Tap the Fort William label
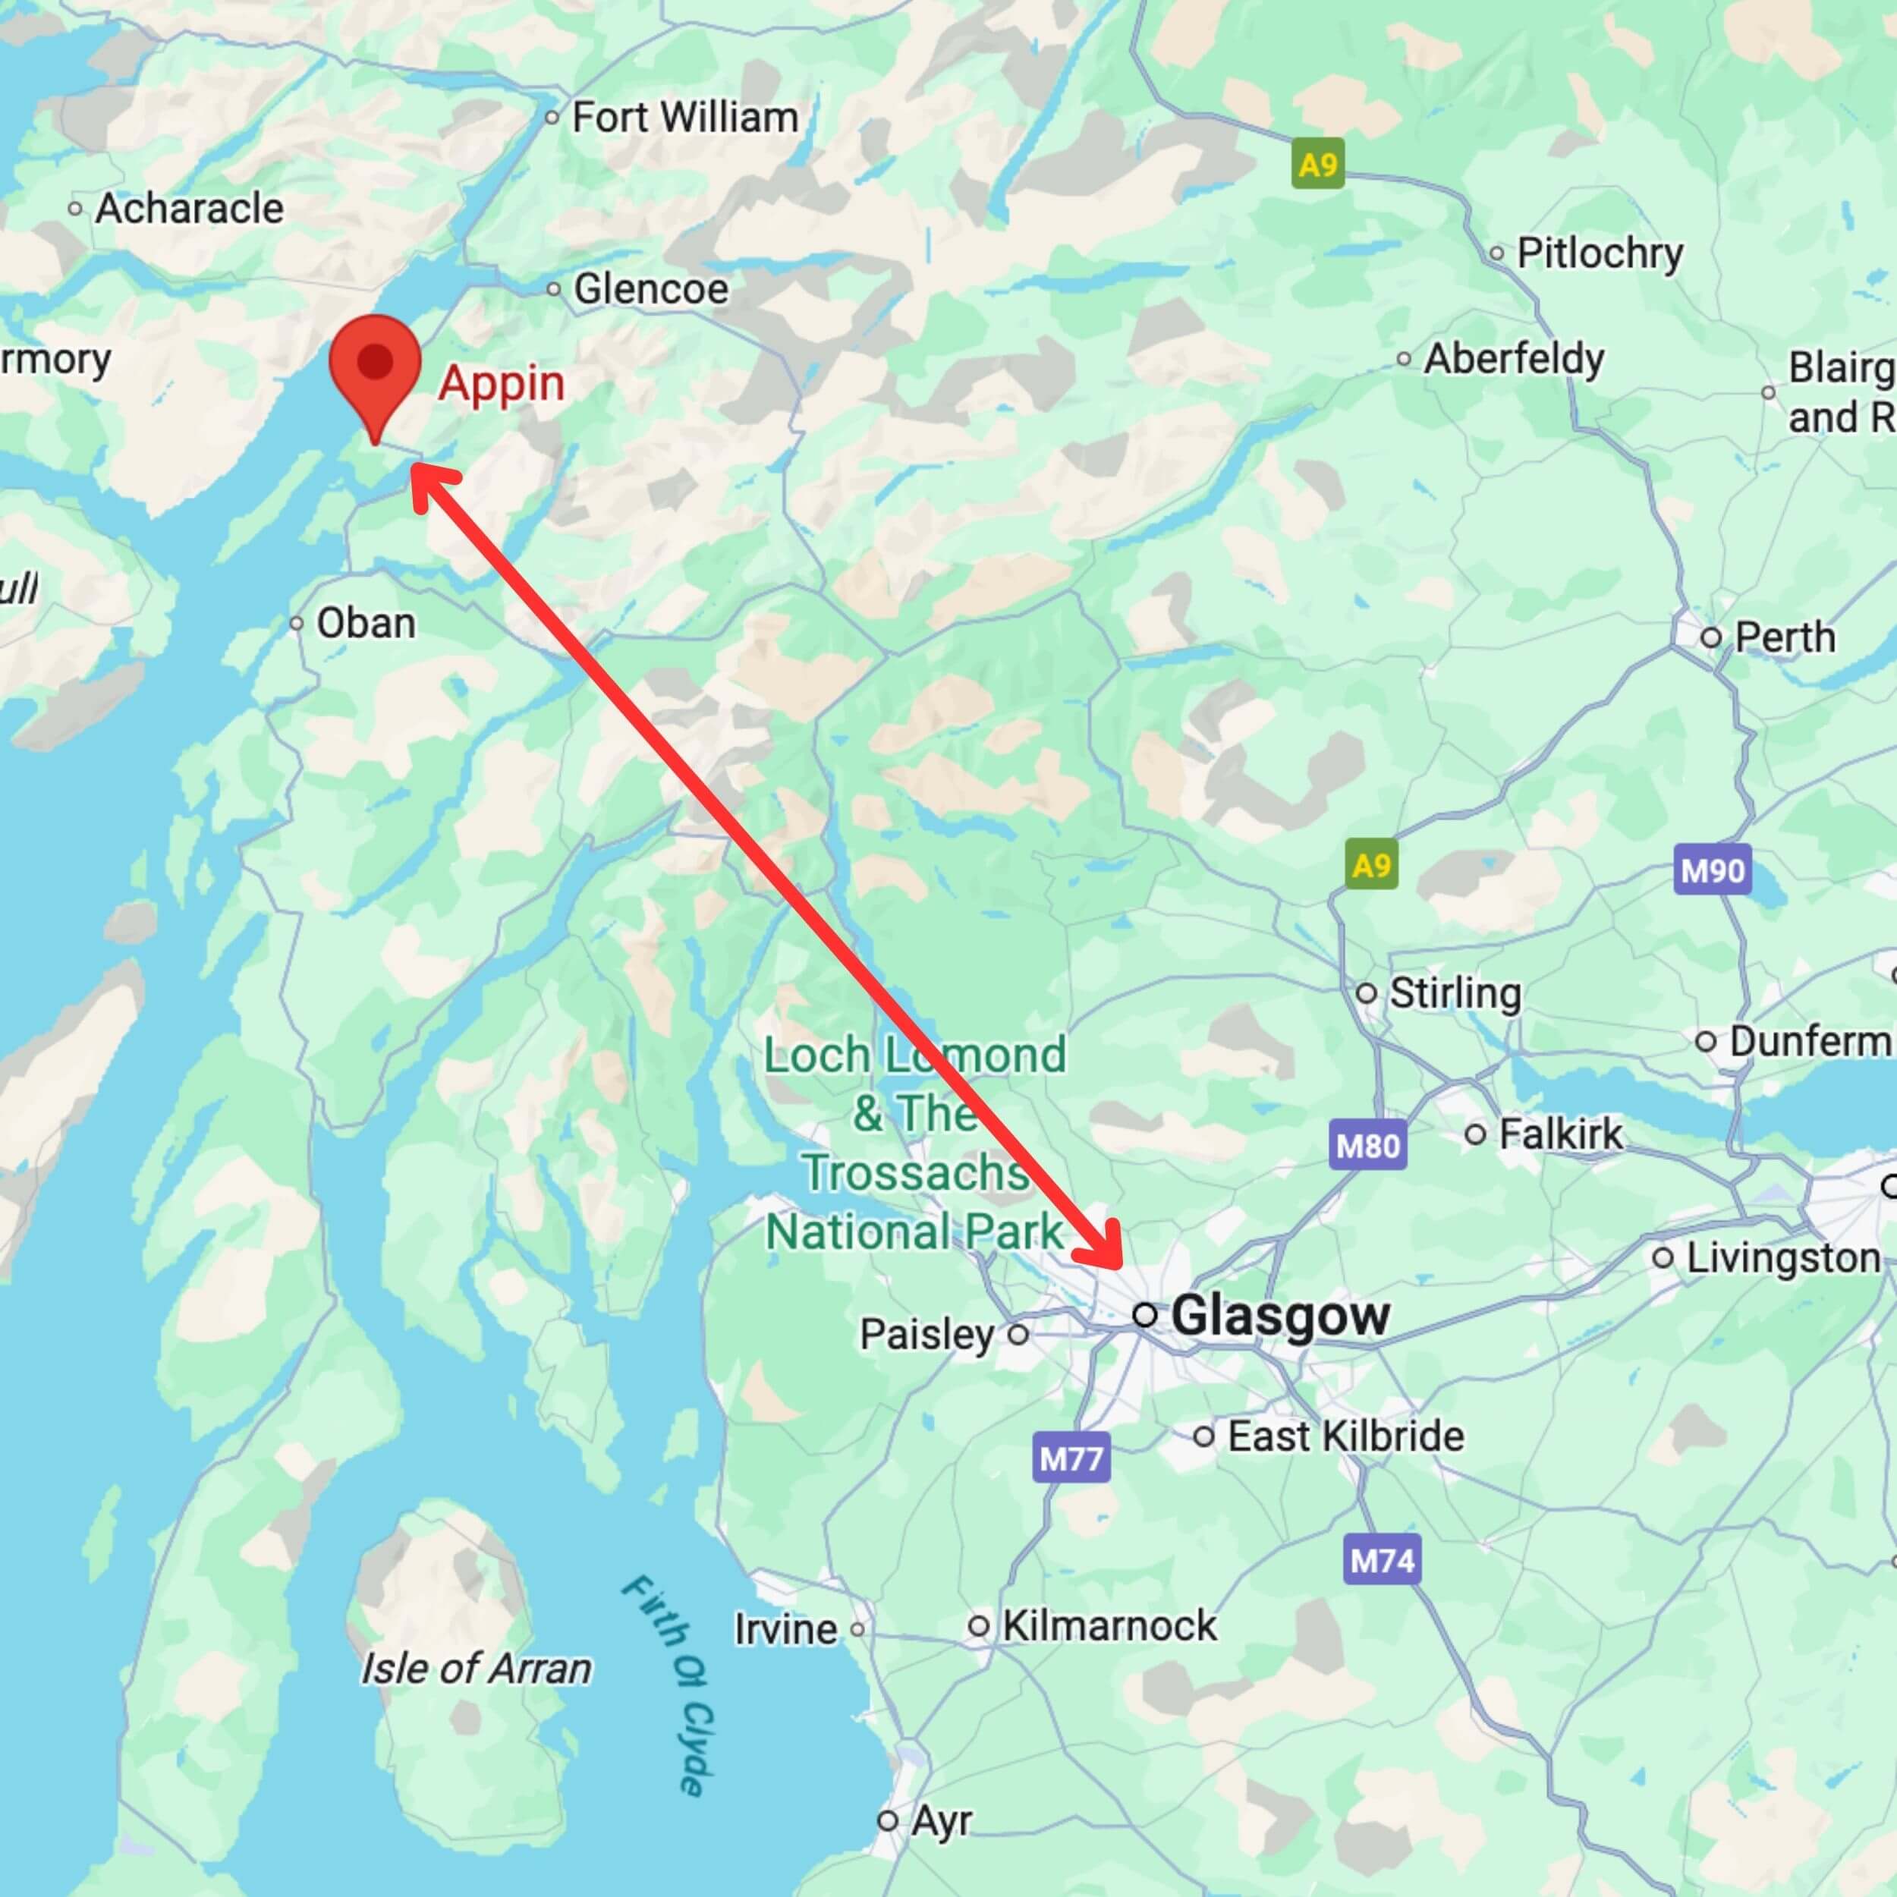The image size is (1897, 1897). [684, 118]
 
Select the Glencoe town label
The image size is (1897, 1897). [651, 288]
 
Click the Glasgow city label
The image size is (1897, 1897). [1280, 1315]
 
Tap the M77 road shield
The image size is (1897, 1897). [1072, 1458]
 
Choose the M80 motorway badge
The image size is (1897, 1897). [1369, 1145]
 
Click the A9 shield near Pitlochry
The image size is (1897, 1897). [1318, 164]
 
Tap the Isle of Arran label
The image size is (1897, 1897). [477, 1668]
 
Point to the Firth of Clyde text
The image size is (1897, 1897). [668, 1684]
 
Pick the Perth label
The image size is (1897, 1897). [1784, 637]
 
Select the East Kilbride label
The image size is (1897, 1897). [1345, 1436]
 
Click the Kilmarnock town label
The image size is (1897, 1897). [1109, 1626]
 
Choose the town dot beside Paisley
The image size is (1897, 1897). [1018, 1333]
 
